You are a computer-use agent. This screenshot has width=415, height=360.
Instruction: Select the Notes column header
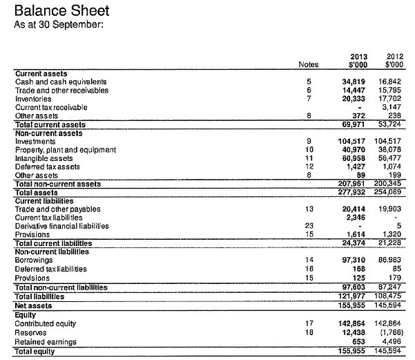pos(308,65)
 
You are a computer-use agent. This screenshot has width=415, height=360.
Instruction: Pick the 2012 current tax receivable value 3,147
pos(393,108)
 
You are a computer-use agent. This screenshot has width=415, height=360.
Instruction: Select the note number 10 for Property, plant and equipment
pos(309,149)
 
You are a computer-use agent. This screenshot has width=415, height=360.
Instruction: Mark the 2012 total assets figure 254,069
pos(390,192)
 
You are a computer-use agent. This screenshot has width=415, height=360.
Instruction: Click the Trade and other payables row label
pos(57,209)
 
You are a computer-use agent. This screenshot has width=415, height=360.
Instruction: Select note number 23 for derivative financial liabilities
pos(309,226)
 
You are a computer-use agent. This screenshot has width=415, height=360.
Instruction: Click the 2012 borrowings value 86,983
pos(391,260)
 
